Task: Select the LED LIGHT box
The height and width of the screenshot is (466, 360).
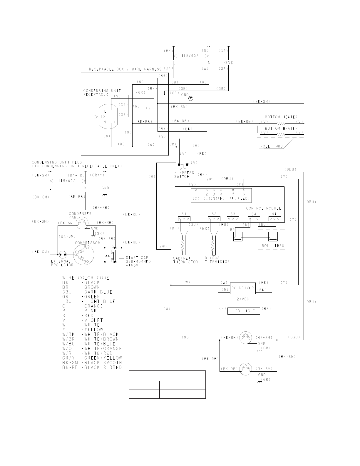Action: pyautogui.click(x=244, y=311)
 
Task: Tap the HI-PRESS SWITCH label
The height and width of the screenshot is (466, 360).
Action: pyautogui.click(x=184, y=175)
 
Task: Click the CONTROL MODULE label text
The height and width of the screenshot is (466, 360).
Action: pyautogui.click(x=263, y=208)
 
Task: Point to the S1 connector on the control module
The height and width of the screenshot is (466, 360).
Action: pyautogui.click(x=184, y=219)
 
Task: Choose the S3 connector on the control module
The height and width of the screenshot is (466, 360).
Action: pyautogui.click(x=233, y=219)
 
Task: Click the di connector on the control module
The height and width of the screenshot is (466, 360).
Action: pyautogui.click(x=275, y=219)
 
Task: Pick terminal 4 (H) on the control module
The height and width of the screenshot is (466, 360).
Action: pyautogui.click(x=221, y=190)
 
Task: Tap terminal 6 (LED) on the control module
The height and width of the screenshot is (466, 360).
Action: pyautogui.click(x=244, y=190)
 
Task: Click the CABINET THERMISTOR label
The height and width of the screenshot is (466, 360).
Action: pyautogui.click(x=185, y=260)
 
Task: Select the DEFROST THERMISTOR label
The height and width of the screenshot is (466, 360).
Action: pyautogui.click(x=217, y=260)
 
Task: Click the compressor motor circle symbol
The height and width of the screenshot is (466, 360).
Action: pyautogui.click(x=83, y=255)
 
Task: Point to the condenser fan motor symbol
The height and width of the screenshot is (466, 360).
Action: pyautogui.click(x=82, y=223)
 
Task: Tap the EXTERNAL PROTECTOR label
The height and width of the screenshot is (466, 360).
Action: pyautogui.click(x=62, y=263)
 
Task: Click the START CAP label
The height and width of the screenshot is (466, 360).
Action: pyautogui.click(x=137, y=258)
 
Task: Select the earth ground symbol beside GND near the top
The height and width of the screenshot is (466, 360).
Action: pyautogui.click(x=191, y=98)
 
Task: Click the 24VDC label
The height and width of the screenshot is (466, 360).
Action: pyautogui.click(x=243, y=299)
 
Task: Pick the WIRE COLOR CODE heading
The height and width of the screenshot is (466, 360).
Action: pyautogui.click(x=86, y=278)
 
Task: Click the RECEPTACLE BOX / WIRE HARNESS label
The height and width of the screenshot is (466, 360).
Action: pyautogui.click(x=125, y=69)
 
